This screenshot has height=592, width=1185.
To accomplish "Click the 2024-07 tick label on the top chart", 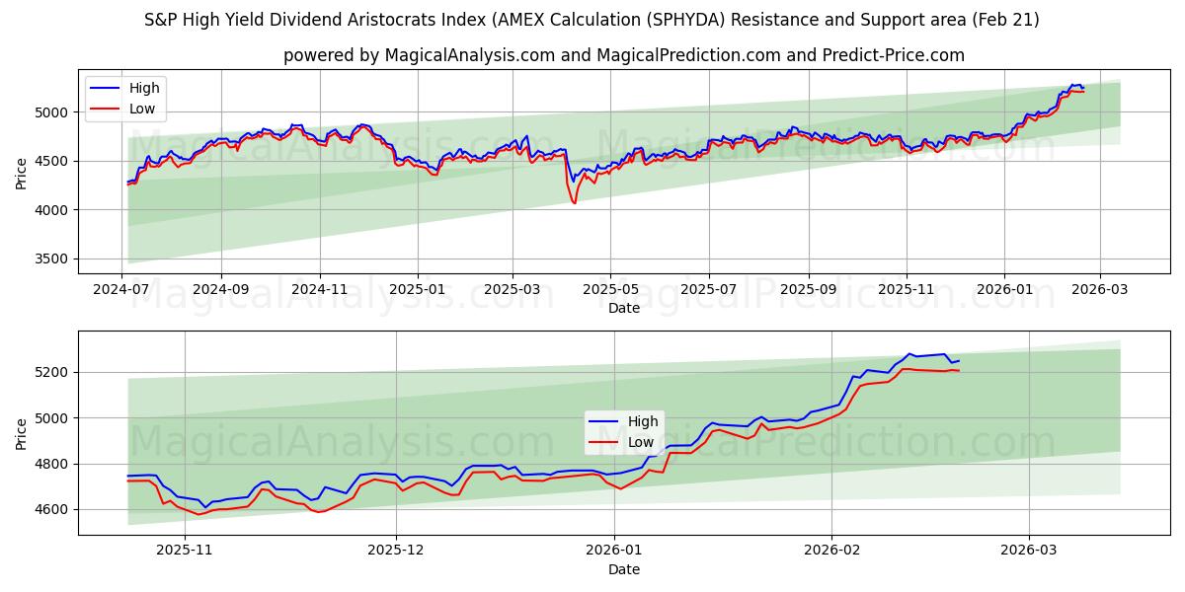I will click(x=122, y=289).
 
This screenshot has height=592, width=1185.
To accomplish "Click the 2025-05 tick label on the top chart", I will click(x=609, y=289).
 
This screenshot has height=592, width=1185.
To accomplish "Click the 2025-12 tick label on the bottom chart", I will click(x=396, y=551).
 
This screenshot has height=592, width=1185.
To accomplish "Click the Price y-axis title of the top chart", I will click(x=22, y=174).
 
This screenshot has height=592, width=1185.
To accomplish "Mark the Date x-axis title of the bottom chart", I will click(x=623, y=569).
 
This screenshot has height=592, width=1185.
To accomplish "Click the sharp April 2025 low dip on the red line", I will click(x=574, y=202).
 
